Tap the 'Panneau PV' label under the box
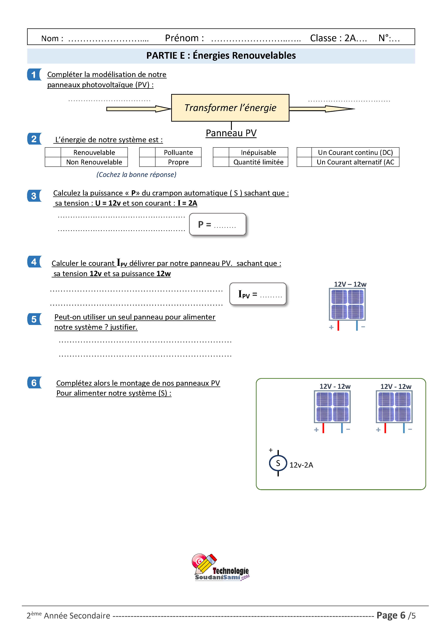tap(231, 133)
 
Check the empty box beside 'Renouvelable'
tap(53, 152)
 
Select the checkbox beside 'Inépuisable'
tap(221, 152)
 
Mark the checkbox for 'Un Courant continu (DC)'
tap(304, 152)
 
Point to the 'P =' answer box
tap(218, 224)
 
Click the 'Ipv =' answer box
tap(258, 294)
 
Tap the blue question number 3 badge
tap(34, 196)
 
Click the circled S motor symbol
tap(278, 463)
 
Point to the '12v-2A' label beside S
tap(301, 465)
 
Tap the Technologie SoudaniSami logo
tap(221, 568)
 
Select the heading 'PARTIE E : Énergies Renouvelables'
tap(221, 55)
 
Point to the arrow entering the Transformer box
tap(139, 109)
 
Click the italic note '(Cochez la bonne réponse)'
tap(136, 175)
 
